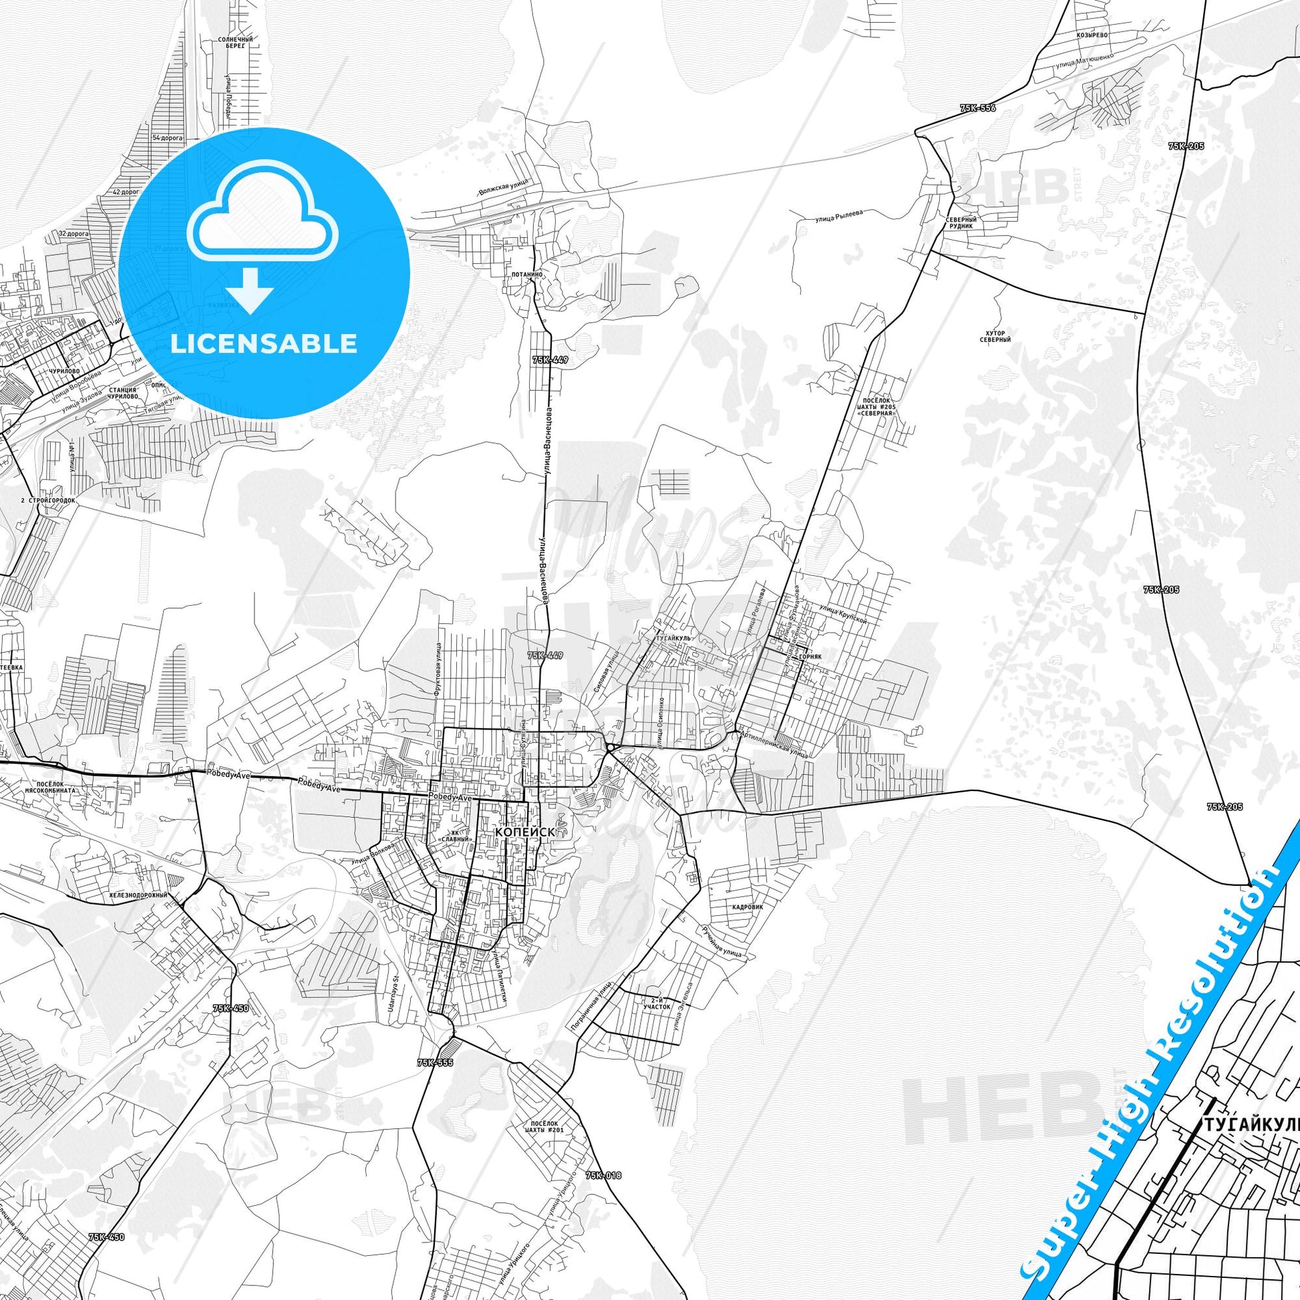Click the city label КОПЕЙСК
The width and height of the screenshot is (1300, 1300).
(525, 832)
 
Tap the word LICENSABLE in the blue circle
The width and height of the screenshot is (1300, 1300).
(264, 343)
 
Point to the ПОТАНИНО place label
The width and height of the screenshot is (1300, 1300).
(526, 275)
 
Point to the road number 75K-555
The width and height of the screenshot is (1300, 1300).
(436, 1062)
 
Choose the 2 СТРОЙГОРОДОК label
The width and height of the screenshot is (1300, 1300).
(48, 500)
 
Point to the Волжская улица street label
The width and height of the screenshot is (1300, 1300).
(502, 186)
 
